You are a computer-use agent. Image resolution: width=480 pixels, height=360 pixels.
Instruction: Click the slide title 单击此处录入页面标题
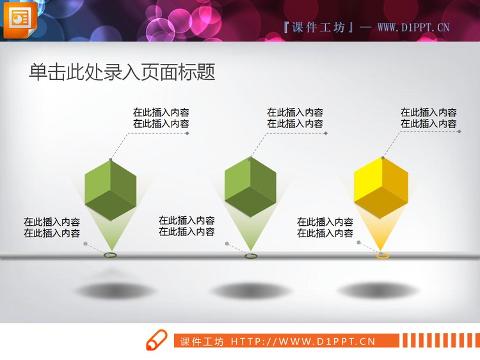pos(122,72)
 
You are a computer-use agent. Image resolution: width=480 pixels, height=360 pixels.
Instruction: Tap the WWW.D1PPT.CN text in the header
pos(413,27)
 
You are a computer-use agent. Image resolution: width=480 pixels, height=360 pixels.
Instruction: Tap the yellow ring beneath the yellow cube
pos(383,256)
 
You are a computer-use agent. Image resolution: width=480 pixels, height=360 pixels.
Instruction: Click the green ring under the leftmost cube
pos(111,255)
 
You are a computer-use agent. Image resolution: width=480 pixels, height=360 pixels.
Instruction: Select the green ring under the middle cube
pos(250,256)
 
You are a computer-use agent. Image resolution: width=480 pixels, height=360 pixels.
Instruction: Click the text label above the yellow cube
pos(429,118)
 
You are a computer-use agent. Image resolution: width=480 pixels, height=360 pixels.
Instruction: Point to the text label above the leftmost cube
pos(161,118)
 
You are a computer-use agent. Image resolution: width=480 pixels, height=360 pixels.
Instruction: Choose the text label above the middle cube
pos(295,118)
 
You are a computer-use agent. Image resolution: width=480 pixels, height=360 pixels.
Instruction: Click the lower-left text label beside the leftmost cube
pos(52,228)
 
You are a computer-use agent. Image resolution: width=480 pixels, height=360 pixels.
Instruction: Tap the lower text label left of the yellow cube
pos(325,228)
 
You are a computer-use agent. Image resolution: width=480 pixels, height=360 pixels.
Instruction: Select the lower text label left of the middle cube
pos(187,226)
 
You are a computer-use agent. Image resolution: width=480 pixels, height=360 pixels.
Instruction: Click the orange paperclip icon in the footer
pos(156,341)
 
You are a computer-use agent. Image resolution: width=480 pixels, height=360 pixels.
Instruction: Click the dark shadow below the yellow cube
pos(381,290)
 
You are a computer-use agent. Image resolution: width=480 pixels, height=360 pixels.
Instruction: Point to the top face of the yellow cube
pos(382,168)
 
